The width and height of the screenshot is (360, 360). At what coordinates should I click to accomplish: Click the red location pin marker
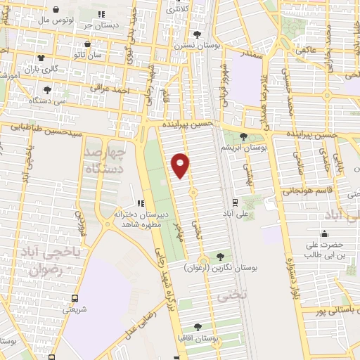pos(181,166)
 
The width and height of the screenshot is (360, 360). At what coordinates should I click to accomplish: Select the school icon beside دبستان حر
pos(102,14)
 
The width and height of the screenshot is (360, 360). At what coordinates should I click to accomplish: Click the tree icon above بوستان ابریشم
pos(243,136)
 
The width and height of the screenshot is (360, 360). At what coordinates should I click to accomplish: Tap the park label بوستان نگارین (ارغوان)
pos(222,268)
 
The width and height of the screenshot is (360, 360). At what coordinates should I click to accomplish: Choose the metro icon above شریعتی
pos(76,297)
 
